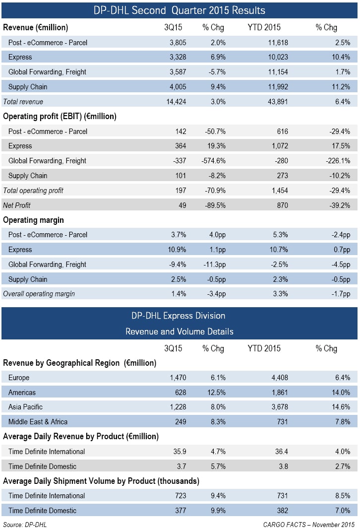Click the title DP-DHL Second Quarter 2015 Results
point(180,10)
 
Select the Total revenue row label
point(23,101)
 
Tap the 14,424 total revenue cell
point(176,101)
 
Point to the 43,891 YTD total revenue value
point(278,101)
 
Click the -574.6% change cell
point(214,161)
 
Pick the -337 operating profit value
point(180,161)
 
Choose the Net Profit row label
point(16,205)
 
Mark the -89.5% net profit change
point(215,205)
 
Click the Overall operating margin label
point(39,294)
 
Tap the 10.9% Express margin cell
point(177,250)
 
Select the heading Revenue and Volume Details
point(180,332)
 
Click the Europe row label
point(19,378)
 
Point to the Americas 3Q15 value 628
point(180,393)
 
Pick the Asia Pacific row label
point(25,407)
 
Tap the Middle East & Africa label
point(38,422)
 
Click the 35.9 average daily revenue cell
point(180,452)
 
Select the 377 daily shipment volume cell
point(180,511)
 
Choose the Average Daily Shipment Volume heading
point(101,481)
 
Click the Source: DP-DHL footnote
point(25,525)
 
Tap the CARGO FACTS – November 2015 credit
point(309,525)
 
